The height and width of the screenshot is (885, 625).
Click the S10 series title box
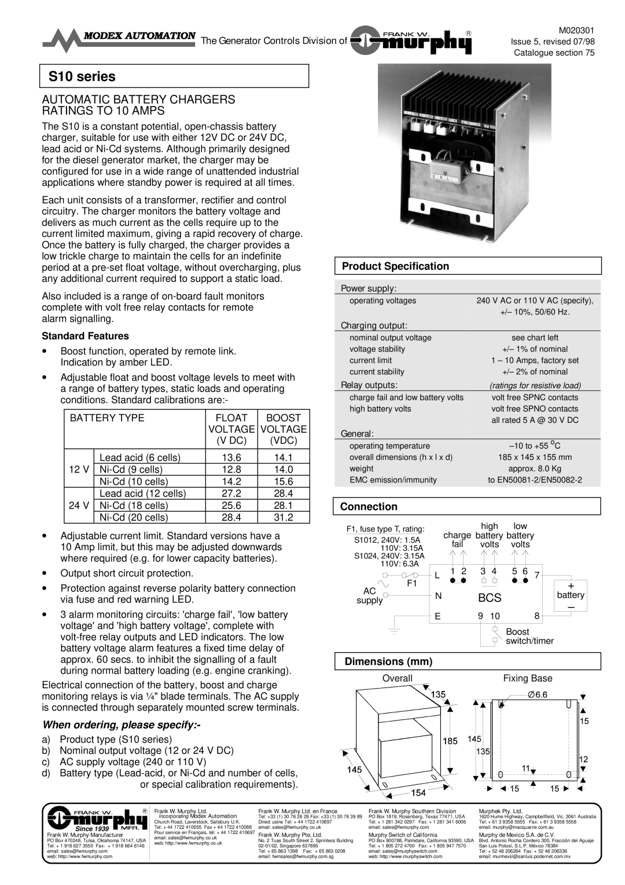click(x=174, y=76)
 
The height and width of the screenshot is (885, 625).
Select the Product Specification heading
click(x=395, y=266)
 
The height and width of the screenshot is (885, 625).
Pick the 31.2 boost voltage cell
click(x=283, y=517)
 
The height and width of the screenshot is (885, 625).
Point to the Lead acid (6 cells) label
click(x=139, y=458)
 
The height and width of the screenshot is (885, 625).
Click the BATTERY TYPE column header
click(x=107, y=418)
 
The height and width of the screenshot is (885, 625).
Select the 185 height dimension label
click(x=451, y=741)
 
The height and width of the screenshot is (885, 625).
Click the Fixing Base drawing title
click(x=527, y=678)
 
